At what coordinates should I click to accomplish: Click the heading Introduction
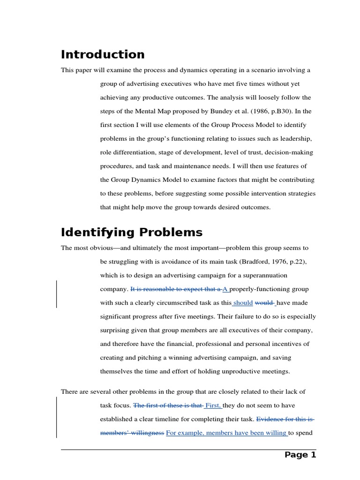[103, 54]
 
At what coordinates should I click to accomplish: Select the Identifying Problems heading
[132, 232]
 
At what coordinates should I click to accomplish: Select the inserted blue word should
[243, 303]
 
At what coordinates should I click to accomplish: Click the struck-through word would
[264, 303]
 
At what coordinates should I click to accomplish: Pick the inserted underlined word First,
[213, 405]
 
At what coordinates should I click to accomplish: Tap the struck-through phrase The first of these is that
[168, 405]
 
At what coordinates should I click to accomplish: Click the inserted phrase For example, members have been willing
[227, 433]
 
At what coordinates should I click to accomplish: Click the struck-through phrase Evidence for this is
[285, 419]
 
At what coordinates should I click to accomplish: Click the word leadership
[296, 139]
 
